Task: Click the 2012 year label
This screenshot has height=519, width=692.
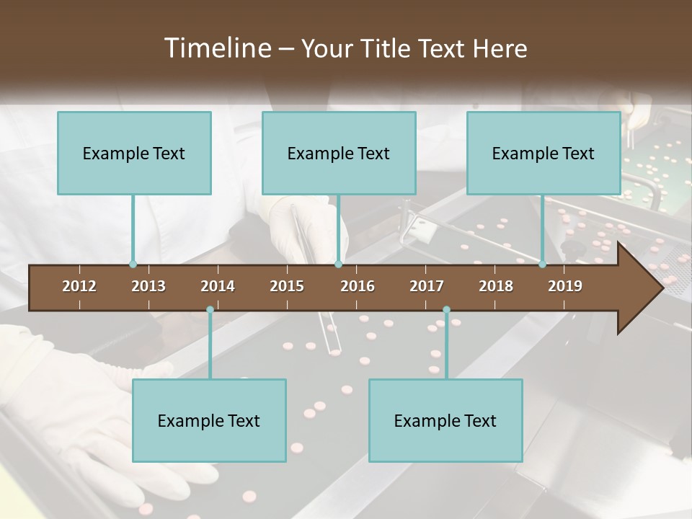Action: [79, 286]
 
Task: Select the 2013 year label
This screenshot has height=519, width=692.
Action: [148, 286]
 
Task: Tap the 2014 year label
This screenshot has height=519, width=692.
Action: [218, 286]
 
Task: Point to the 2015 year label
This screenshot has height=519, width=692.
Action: [287, 286]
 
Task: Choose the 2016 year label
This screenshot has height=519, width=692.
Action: [358, 286]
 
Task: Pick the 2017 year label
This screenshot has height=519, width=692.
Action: [427, 286]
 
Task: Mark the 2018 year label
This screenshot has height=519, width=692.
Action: [496, 286]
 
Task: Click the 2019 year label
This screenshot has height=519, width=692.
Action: [565, 286]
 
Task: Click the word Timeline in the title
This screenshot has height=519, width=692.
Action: [216, 48]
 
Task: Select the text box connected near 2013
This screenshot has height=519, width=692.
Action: [134, 153]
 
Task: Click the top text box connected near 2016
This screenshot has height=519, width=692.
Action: [339, 153]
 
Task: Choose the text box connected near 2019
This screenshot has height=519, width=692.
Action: [544, 153]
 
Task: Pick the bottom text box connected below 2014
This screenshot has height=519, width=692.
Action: [209, 420]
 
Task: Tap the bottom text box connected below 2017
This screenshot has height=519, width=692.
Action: [445, 420]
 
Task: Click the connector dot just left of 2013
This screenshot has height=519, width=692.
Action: [133, 265]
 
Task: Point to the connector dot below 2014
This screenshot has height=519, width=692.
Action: [210, 310]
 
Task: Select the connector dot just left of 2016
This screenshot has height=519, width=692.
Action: [338, 265]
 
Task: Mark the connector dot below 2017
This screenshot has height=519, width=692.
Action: [446, 310]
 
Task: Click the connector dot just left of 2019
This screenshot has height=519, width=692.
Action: [543, 265]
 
